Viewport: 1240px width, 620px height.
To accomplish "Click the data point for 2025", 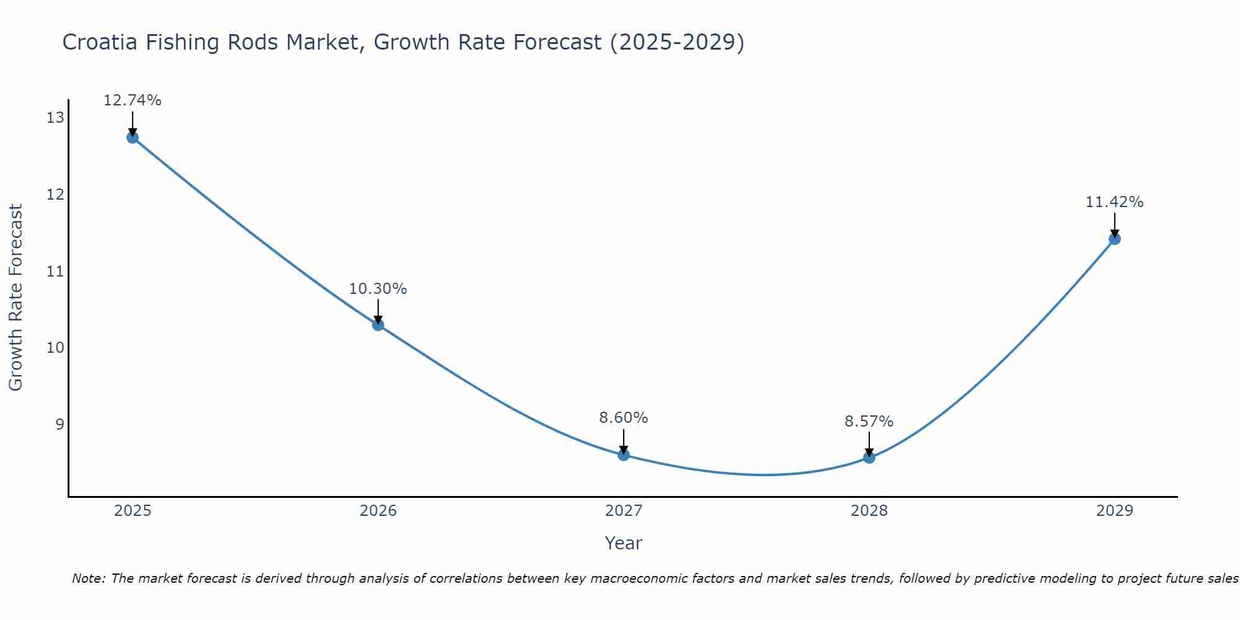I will click(132, 138).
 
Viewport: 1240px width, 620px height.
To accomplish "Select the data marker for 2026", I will click(378, 325).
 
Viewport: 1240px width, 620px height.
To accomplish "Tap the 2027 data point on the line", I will click(624, 455).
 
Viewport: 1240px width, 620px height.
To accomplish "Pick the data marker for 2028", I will click(869, 458).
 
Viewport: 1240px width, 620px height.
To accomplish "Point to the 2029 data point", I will click(1115, 239).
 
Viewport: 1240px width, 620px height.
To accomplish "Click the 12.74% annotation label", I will click(132, 100).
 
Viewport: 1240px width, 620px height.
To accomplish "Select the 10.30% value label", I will click(378, 289).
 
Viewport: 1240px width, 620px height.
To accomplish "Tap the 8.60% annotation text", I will click(624, 418).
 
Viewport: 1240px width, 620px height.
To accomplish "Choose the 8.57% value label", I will click(869, 422).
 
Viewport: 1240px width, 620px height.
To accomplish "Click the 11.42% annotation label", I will click(1115, 202).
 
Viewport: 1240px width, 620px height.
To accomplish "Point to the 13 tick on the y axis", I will click(55, 118).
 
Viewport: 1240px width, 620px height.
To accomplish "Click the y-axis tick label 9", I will click(60, 424).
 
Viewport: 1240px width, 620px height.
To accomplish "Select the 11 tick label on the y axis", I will click(55, 271).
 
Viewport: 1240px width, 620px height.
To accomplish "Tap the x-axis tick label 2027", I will click(624, 511).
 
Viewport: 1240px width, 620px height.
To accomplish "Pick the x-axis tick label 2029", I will click(1115, 511).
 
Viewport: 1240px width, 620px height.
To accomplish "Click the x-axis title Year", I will click(624, 543).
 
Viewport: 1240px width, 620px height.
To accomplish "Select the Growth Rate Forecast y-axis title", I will click(15, 298).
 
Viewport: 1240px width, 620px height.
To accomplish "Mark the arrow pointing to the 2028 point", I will click(869, 443).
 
